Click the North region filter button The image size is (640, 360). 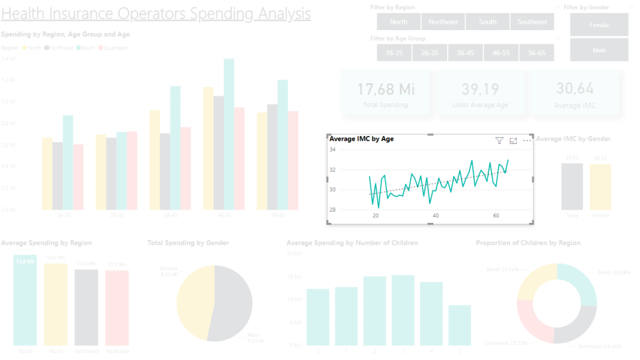point(398,22)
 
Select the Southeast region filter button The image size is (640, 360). point(532,22)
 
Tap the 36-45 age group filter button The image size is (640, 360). point(465,53)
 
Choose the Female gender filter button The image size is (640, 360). point(599,25)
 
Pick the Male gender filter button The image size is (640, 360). point(599,50)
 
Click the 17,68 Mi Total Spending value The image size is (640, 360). point(386,89)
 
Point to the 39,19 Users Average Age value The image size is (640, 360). point(480,89)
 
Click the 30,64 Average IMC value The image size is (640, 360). point(575,89)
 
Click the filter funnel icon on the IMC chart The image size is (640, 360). point(499,141)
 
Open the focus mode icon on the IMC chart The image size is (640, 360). point(514,141)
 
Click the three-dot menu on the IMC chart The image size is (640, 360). point(527,141)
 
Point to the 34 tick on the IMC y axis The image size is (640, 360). point(333,150)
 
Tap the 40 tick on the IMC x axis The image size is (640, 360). point(436,216)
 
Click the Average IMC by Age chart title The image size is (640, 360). point(361,139)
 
